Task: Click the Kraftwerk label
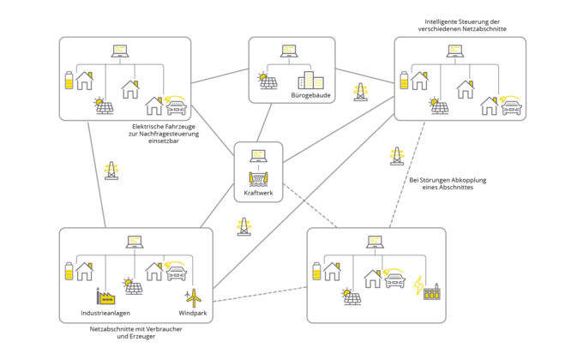pos(258,193)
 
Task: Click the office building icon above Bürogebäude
pos(310,81)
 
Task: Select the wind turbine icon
pos(193,295)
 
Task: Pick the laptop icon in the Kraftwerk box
pos(257,155)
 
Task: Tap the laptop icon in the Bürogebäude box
pos(290,49)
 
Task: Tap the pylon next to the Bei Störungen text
pos(396,156)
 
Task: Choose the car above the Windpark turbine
pos(177,273)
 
